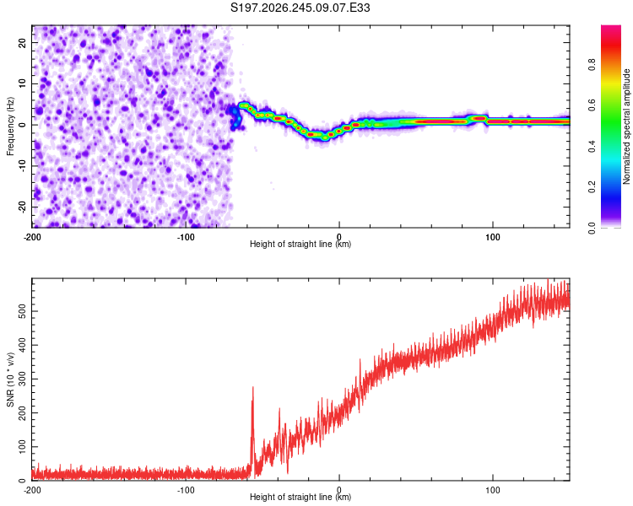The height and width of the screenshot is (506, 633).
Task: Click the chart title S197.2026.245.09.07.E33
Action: [300, 8]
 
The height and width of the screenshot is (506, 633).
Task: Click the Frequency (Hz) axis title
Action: [10, 126]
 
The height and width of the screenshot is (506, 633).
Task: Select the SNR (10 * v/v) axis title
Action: [10, 379]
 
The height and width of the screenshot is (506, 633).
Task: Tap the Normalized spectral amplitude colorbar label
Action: [626, 126]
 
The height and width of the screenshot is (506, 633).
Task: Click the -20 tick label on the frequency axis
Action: [23, 207]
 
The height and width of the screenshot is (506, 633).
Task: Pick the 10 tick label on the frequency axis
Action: [23, 83]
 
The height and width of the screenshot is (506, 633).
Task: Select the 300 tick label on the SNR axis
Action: [23, 379]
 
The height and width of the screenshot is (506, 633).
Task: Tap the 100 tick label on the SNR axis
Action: [23, 447]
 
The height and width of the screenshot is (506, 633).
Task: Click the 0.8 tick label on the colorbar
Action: [592, 65]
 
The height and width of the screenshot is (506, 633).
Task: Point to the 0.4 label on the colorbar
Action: [592, 147]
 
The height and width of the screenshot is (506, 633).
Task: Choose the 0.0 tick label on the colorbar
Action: [592, 229]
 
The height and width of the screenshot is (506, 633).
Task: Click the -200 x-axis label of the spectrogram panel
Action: [32, 237]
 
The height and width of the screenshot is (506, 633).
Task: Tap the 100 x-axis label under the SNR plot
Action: [493, 490]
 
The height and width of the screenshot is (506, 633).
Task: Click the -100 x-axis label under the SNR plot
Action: [186, 490]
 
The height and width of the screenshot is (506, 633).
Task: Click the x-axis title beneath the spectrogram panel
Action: [300, 244]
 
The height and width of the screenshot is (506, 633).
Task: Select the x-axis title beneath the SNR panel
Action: [300, 497]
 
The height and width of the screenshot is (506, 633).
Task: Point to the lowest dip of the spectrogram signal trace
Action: [325, 138]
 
